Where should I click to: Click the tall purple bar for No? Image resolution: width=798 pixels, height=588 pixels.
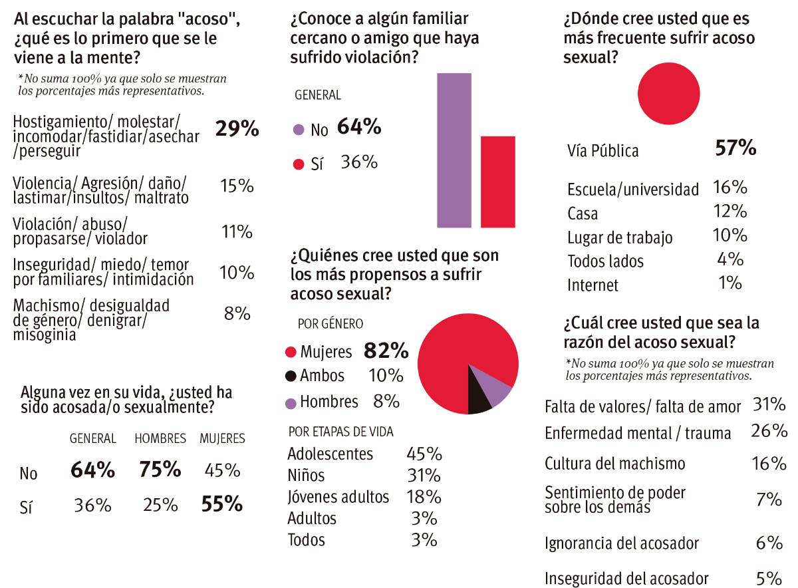pos(454,150)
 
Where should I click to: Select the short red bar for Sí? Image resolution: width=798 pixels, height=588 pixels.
pos(497,182)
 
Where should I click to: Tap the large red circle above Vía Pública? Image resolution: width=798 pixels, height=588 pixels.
pos(668,93)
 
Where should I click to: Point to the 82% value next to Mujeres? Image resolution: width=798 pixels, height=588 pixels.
pos(386,351)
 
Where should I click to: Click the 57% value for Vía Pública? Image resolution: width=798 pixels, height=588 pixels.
pos(735,148)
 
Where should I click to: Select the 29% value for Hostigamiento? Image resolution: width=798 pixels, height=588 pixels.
pos(237,128)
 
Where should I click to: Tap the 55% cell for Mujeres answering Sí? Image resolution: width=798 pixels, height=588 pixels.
pos(221,505)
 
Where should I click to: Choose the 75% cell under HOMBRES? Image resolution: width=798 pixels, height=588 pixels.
pos(160,470)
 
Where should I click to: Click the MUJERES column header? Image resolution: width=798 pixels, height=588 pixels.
pos(222,439)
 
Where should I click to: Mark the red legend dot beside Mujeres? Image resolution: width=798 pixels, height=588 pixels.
pos(290,351)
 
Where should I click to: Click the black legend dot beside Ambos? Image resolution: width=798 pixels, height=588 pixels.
pos(290,376)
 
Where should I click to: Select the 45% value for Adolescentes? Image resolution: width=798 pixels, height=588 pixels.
pos(424,454)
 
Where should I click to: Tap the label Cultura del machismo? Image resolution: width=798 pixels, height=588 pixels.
pos(614,464)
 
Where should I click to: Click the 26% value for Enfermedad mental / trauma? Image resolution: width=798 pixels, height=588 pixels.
pos(769,431)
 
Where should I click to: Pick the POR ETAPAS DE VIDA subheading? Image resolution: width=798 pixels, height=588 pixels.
pos(340,432)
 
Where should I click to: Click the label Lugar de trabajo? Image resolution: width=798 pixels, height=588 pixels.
pos(620,237)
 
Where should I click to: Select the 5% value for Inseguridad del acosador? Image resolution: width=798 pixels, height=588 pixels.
pos(769,577)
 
